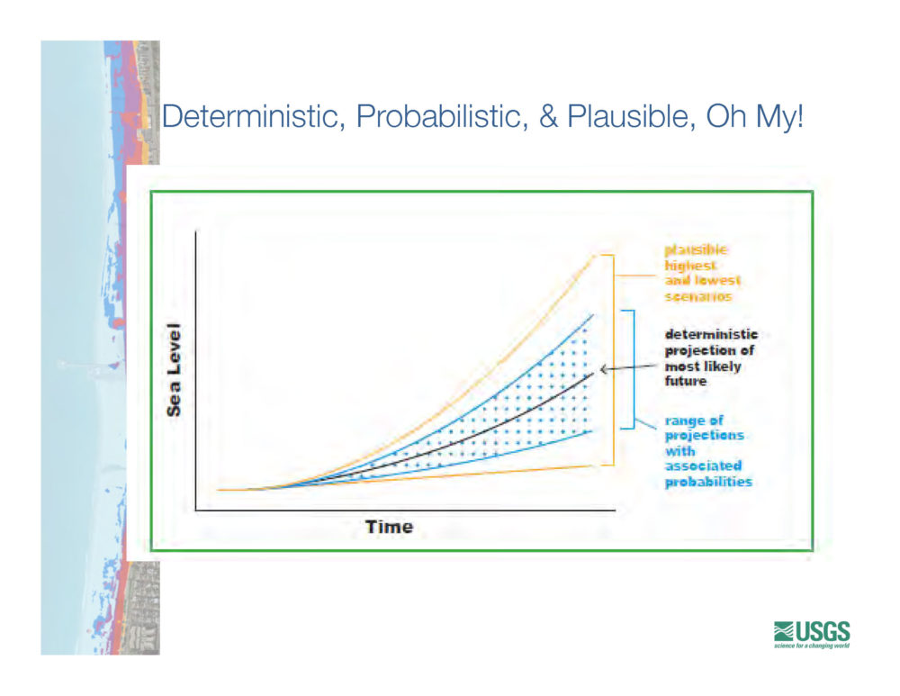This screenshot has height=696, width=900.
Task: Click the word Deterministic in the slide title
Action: [254, 116]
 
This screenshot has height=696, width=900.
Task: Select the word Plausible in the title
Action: [632, 116]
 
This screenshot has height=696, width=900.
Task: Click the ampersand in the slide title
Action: [548, 116]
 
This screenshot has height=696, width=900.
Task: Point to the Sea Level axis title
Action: [174, 370]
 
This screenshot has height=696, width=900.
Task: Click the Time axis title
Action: [389, 527]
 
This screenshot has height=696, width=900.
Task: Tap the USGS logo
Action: [812, 635]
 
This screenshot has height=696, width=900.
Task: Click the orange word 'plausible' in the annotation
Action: [696, 249]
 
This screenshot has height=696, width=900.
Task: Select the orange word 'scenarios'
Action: [698, 296]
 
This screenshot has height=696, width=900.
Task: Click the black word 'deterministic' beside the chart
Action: [711, 334]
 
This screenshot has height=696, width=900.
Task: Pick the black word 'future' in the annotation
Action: [685, 381]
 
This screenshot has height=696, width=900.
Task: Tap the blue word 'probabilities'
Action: [708, 482]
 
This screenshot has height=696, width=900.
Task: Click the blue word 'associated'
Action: [703, 466]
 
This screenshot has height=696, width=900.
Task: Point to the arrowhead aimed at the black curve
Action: [604, 369]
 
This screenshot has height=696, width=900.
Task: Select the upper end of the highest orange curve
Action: [595, 256]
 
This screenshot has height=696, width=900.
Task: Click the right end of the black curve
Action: [593, 375]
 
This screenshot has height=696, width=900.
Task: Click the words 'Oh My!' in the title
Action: [755, 116]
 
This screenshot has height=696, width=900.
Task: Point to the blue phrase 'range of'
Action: [694, 420]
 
